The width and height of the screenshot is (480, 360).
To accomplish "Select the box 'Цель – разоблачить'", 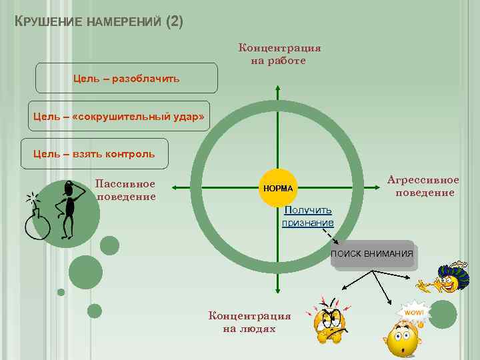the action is click(126, 78).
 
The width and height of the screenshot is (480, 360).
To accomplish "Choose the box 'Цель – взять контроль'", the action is click(95, 154).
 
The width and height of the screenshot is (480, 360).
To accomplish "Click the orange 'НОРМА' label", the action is click(277, 188).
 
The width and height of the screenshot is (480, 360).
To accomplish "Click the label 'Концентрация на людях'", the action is click(249, 322).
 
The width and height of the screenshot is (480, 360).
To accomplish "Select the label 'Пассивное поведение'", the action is click(125, 190).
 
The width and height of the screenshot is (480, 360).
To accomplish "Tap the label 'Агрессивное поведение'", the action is click(424, 187).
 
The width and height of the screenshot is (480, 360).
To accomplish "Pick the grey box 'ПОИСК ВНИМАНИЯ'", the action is click(372, 254).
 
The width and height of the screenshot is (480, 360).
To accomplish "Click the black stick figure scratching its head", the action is click(68, 208).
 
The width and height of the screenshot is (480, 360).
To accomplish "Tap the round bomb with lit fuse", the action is click(37, 223).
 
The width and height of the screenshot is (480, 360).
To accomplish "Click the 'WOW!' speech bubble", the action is click(413, 312).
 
